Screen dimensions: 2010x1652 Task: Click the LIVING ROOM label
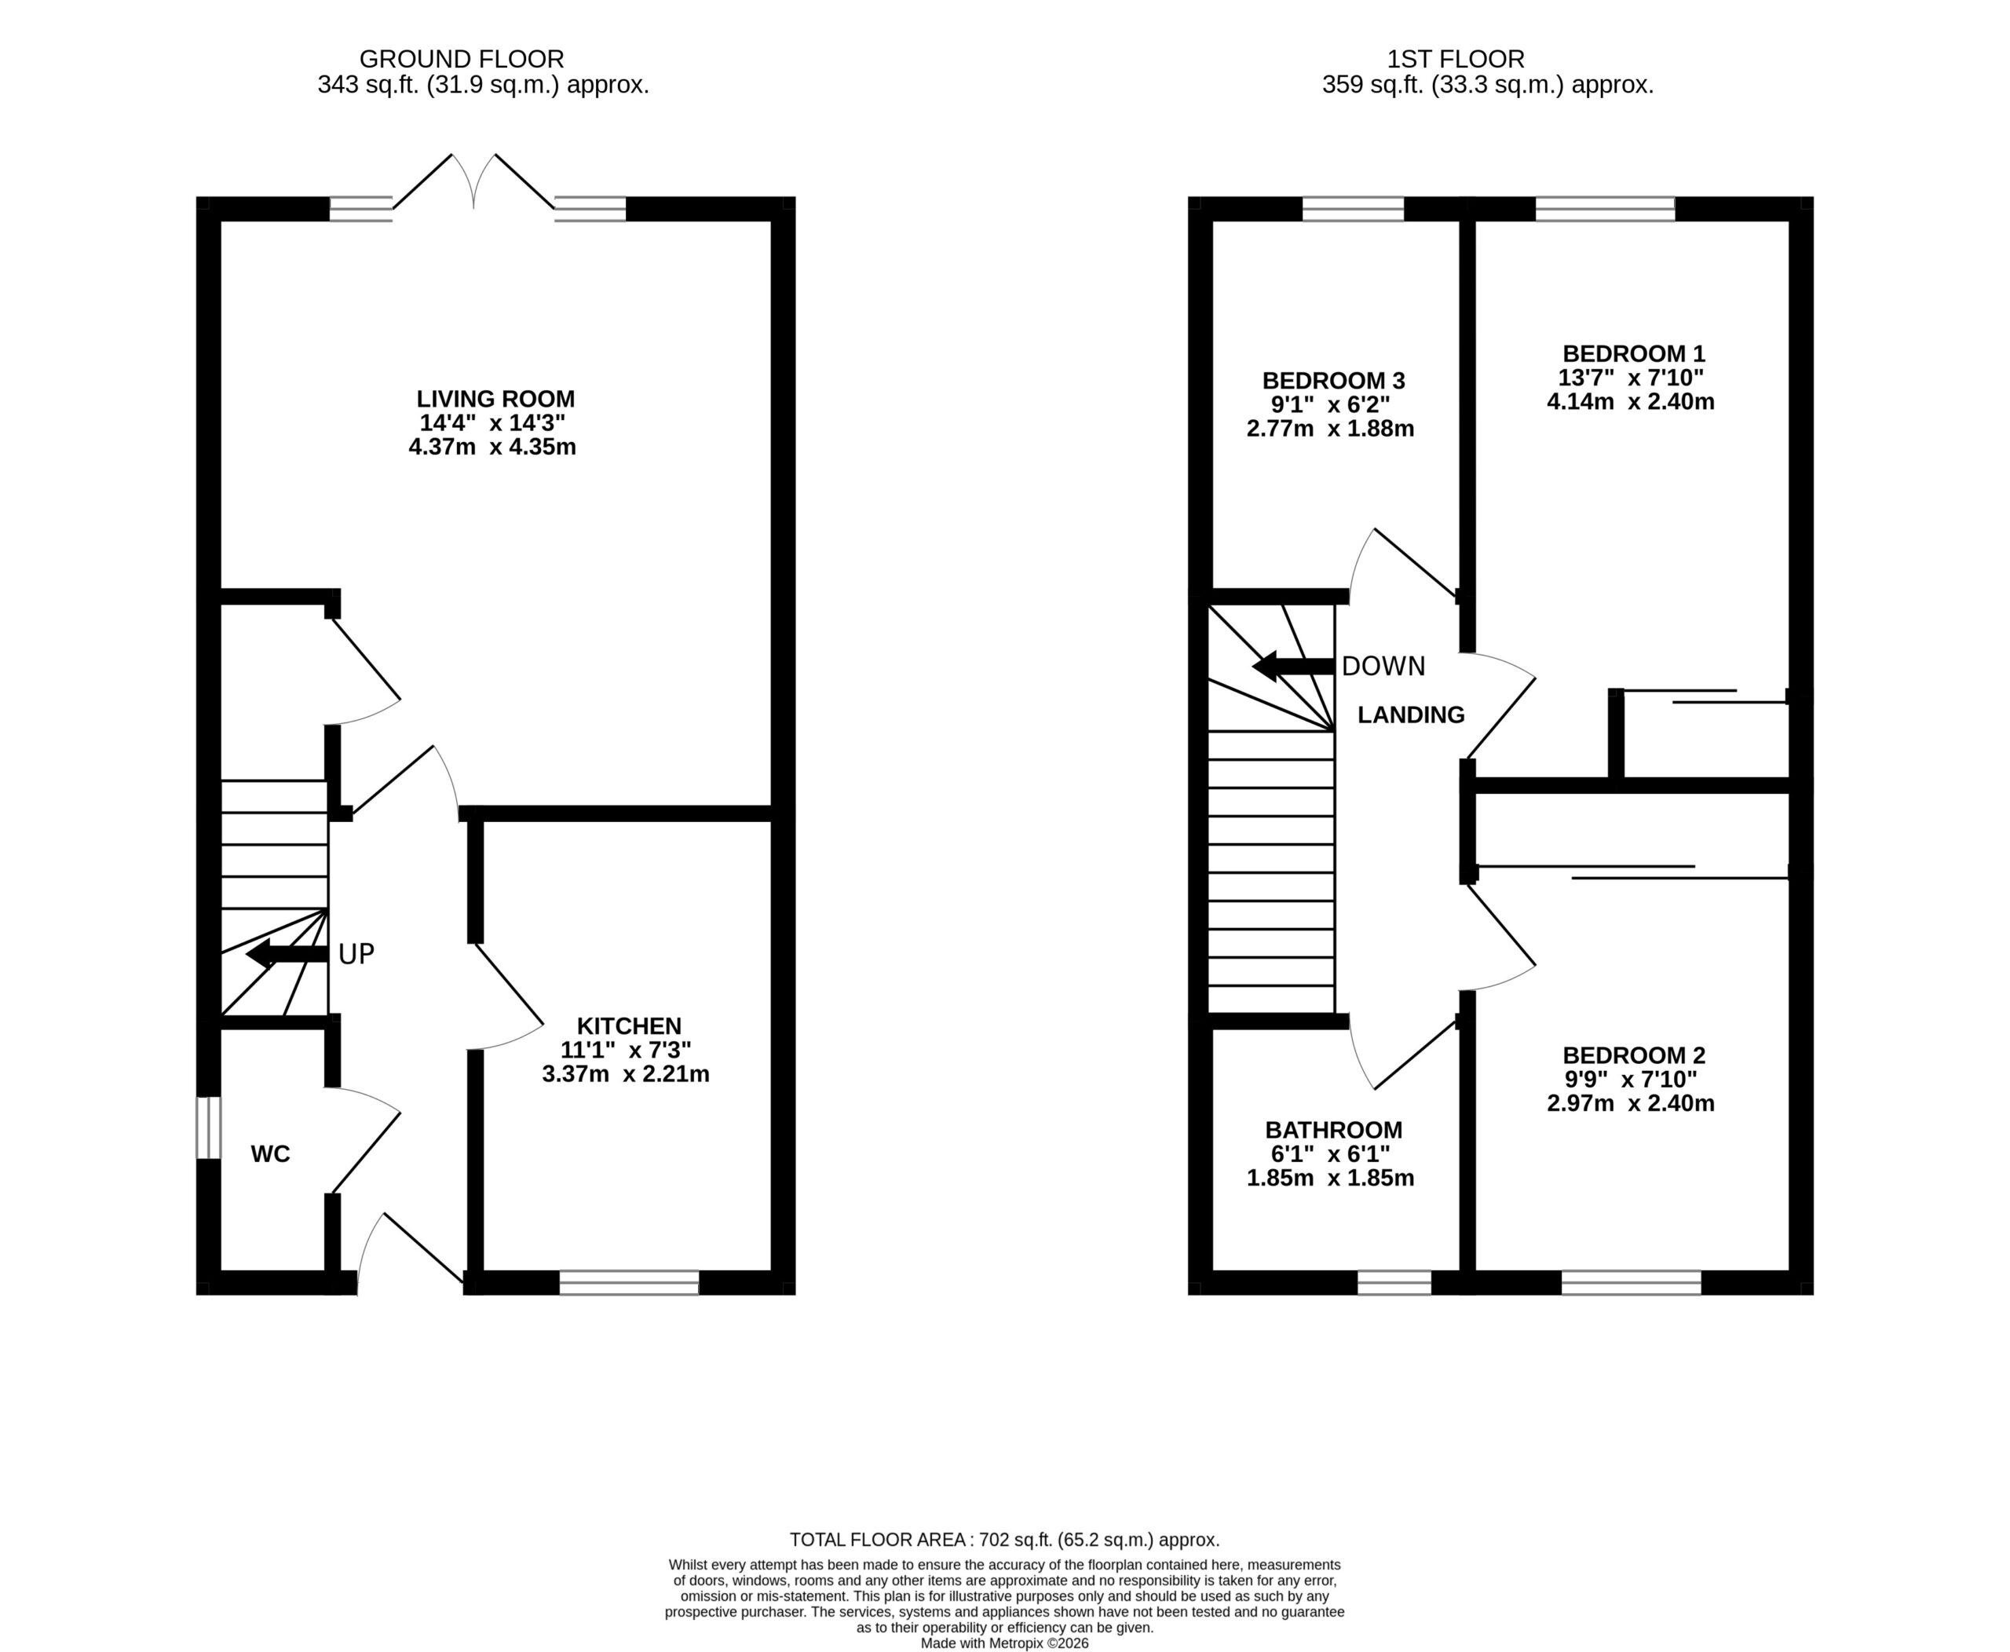click(x=496, y=399)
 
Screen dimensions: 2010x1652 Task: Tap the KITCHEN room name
click(x=629, y=1026)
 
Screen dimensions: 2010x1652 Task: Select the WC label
click(x=270, y=1154)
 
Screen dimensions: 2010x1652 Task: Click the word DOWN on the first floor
click(x=1383, y=666)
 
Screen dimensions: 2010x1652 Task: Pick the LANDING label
click(x=1410, y=715)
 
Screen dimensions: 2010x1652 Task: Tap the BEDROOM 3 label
click(x=1333, y=381)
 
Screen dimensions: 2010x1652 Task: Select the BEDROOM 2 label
click(x=1634, y=1055)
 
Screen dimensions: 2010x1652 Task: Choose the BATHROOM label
click(x=1333, y=1131)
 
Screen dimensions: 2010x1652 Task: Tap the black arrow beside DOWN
click(x=1292, y=666)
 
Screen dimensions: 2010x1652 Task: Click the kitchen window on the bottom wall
click(x=629, y=1282)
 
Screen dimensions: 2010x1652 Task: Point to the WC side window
click(x=208, y=1128)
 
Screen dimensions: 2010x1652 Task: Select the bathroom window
click(x=1394, y=1282)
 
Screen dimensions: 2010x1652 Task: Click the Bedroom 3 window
click(x=1354, y=208)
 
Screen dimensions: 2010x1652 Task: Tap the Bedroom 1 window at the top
click(x=1606, y=208)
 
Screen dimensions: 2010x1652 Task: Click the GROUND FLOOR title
click(x=462, y=59)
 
